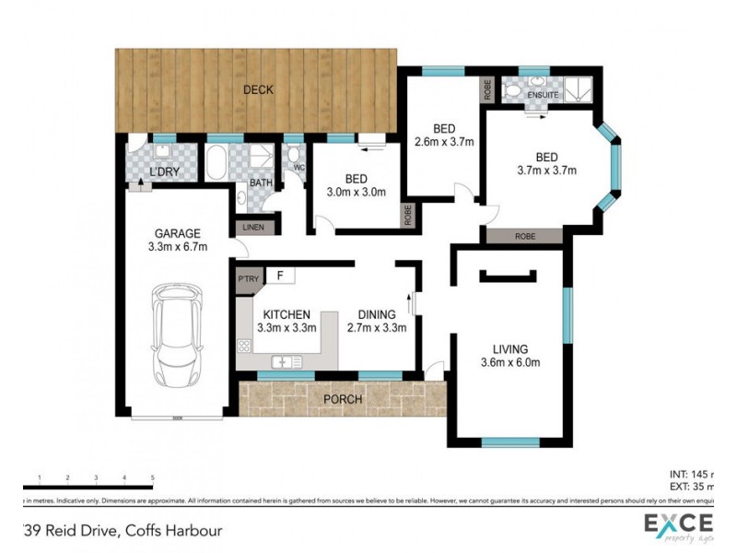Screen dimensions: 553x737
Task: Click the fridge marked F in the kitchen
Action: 279,276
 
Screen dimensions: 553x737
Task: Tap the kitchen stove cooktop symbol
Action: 246,347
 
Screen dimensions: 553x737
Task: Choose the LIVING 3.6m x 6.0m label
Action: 509,355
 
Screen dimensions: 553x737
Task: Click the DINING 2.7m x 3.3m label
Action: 376,320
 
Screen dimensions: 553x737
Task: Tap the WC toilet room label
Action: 298,169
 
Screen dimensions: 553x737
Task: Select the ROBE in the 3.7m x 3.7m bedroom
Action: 525,236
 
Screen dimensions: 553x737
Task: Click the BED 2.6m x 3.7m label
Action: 444,135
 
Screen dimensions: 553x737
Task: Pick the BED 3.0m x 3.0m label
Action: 357,185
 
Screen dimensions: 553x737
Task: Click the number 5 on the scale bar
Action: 152,477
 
